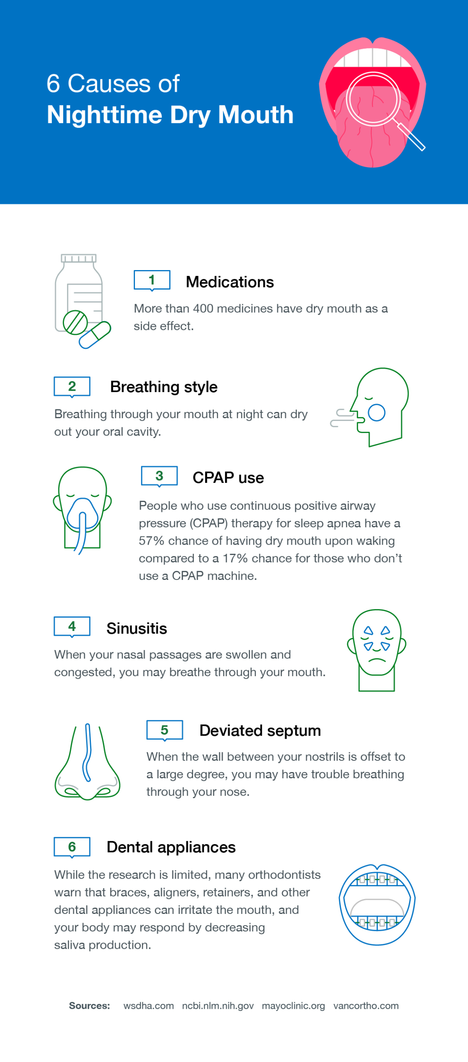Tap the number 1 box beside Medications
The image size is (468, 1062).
(x=152, y=280)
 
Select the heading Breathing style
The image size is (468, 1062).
(x=164, y=387)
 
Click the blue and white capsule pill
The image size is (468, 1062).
(x=95, y=335)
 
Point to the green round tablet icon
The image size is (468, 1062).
(x=75, y=322)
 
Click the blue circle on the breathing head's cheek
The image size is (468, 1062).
(x=377, y=412)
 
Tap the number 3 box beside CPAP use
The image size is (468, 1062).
(x=159, y=476)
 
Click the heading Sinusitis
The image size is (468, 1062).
(x=137, y=628)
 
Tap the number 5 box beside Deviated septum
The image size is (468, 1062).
(x=165, y=730)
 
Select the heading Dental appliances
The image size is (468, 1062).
(x=171, y=847)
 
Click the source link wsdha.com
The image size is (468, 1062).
(x=149, y=1006)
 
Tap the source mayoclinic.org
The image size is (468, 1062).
(x=294, y=1006)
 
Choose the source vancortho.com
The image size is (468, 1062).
(x=366, y=1006)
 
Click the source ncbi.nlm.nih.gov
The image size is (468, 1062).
(x=218, y=1006)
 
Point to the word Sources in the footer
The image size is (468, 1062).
(x=89, y=1006)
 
